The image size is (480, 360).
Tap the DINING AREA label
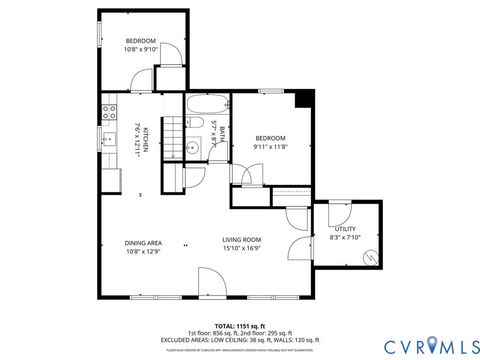143,242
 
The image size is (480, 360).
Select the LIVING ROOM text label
241,239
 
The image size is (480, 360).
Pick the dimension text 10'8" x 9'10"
142,49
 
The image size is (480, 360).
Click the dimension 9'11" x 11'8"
270,147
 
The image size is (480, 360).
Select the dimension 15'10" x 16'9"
241,249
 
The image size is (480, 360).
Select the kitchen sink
108,137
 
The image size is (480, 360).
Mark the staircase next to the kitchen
174,134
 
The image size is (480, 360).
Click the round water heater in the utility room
369,258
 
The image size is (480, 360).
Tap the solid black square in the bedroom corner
306,98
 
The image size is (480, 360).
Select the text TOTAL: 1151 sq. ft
240,326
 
